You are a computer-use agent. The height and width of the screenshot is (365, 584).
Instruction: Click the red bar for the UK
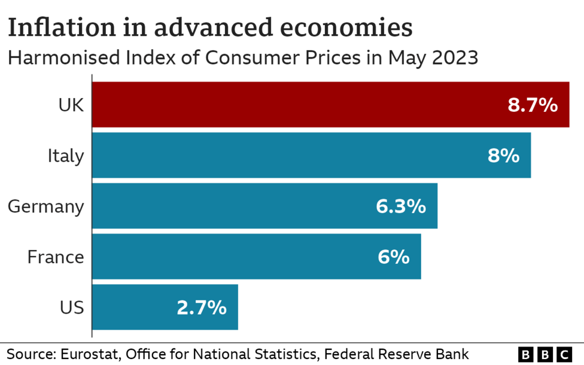click(299, 105)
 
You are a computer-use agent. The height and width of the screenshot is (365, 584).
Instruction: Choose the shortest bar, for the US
click(138, 307)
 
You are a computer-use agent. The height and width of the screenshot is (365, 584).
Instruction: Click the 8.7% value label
click(533, 106)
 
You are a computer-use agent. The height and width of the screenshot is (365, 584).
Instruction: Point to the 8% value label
click(503, 156)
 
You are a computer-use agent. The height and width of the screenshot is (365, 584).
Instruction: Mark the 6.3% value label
click(401, 206)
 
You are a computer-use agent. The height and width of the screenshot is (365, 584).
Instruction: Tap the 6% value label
click(394, 257)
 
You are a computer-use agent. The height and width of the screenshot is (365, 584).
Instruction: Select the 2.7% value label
click(202, 308)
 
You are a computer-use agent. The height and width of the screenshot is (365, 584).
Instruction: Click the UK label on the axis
click(71, 106)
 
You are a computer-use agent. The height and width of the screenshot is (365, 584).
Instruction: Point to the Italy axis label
click(66, 156)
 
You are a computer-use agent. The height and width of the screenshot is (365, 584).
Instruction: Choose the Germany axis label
click(46, 207)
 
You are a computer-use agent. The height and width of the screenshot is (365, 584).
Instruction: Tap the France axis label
click(56, 257)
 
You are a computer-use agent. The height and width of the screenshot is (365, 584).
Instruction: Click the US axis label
click(72, 308)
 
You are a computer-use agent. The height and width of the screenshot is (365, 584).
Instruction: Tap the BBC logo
click(545, 354)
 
